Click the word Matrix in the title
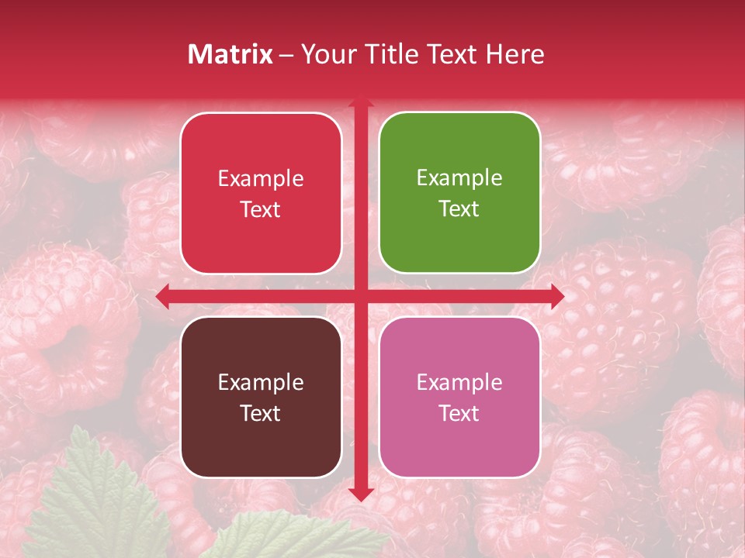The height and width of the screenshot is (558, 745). pos(230,54)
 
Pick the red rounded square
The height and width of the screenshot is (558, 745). pos(261,193)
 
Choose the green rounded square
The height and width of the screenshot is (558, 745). pos(459,193)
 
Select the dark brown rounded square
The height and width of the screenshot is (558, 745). pos(261,397)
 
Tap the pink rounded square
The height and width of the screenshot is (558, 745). pos(459,397)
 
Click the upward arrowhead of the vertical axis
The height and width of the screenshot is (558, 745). pos(360,101)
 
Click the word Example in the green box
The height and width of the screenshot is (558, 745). pos(459,178)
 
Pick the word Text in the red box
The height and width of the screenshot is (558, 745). pos(261,210)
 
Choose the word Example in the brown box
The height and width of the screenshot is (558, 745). pos(261,382)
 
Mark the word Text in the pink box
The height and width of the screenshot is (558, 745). pos(459,414)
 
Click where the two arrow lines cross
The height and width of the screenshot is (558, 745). pos(360,296)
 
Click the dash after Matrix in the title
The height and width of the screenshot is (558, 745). pos(286,55)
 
